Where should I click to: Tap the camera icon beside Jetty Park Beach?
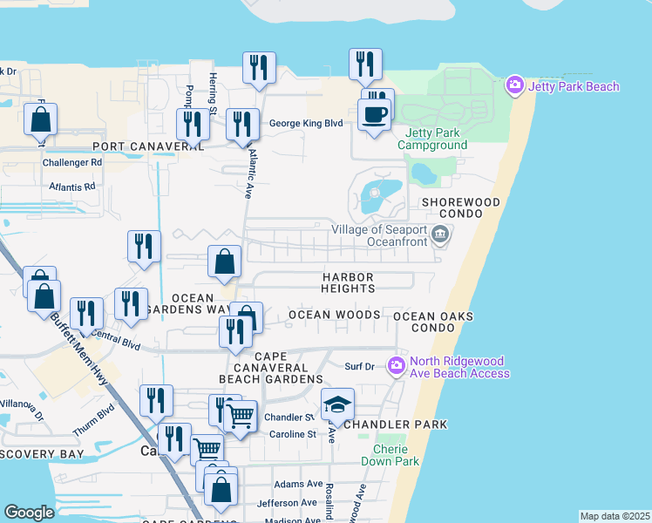tap(514, 85)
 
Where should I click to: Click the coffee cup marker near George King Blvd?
tap(375, 116)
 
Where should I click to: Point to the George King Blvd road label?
tap(306, 124)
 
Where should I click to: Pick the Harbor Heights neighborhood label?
tap(347, 282)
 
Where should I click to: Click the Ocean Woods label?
tap(334, 315)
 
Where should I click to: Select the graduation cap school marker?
tap(337, 404)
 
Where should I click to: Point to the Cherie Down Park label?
tap(390, 455)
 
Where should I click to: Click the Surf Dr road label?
tap(359, 367)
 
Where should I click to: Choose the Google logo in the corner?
tap(30, 512)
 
